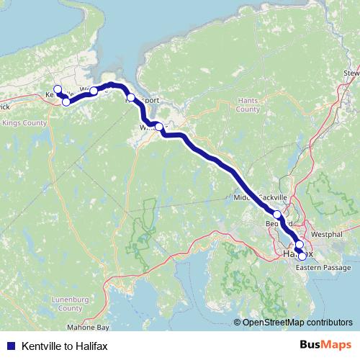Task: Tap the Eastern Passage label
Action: point(323,268)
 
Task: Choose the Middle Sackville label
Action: point(261,197)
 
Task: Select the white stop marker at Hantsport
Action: point(131,97)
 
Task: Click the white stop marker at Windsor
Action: point(159,127)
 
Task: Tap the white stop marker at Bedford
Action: point(277,214)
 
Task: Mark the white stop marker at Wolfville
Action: point(94,91)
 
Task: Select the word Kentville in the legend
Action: point(42,346)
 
